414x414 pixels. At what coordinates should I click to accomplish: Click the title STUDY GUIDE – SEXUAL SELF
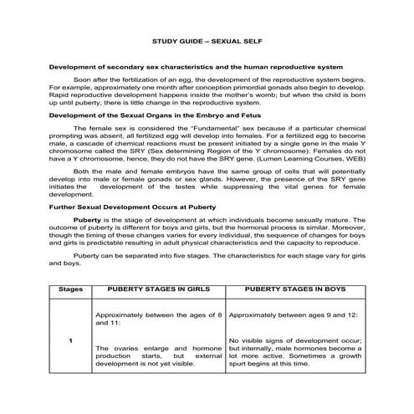tap(206, 40)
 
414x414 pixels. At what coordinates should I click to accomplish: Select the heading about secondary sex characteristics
tap(196, 66)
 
